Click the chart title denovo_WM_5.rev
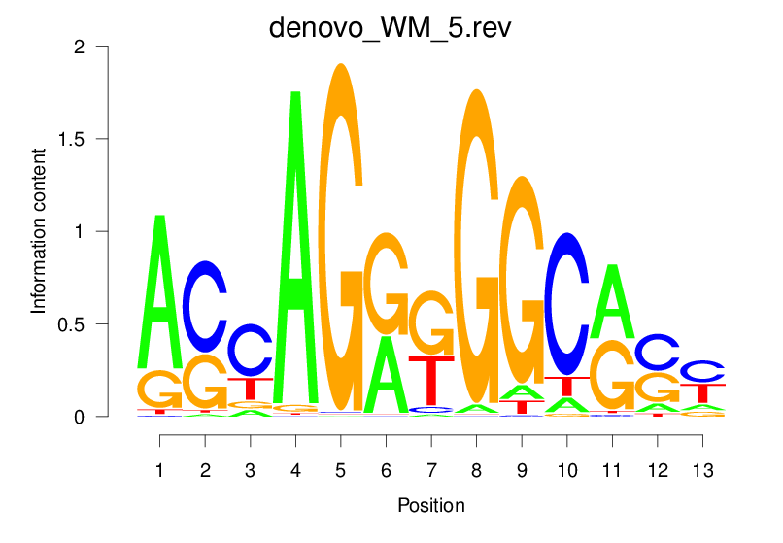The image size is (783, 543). point(391,26)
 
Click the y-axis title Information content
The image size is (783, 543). point(39,231)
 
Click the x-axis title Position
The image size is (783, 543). point(431,506)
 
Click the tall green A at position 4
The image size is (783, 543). point(295,243)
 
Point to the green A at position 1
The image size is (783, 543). point(159,291)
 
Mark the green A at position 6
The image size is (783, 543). point(386,374)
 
